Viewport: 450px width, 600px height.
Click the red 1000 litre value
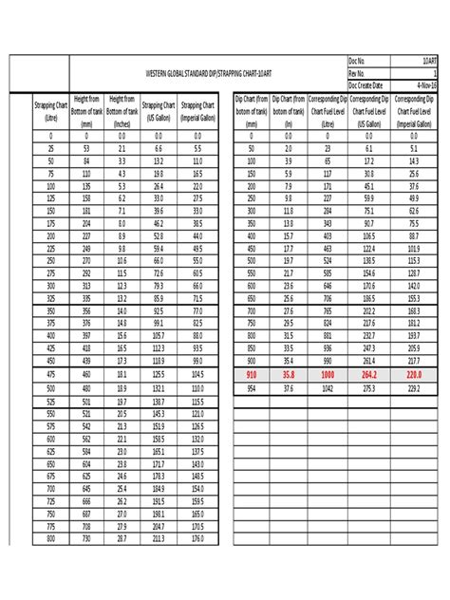[x=328, y=375]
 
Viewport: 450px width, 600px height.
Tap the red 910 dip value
[x=251, y=375]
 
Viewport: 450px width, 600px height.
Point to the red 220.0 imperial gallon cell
[x=414, y=375]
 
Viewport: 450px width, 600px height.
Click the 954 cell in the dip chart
[x=251, y=388]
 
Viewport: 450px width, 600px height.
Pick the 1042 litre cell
[x=328, y=388]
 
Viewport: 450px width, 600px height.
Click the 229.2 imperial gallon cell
[x=414, y=388]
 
